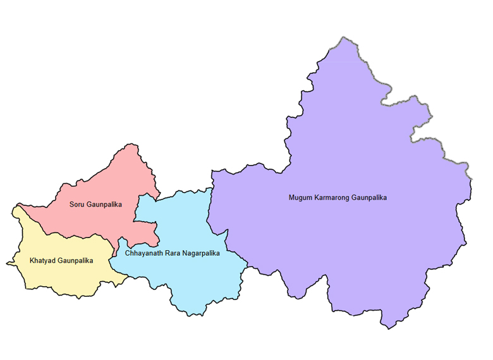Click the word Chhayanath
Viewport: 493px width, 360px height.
(143, 253)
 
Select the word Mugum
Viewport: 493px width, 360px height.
(300, 198)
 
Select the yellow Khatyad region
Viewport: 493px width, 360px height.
(57, 278)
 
